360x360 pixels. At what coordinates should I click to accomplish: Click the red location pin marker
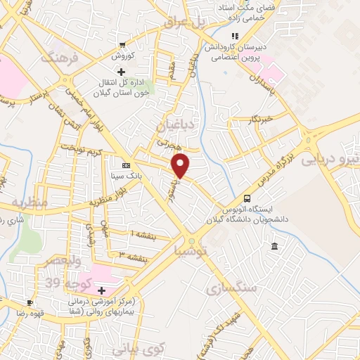pyautogui.click(x=181, y=166)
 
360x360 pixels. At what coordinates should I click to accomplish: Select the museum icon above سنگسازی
pyautogui.click(x=274, y=245)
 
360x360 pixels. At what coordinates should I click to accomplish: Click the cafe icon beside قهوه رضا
pyautogui.click(x=30, y=302)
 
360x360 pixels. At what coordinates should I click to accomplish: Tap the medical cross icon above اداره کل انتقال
pyautogui.click(x=120, y=72)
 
